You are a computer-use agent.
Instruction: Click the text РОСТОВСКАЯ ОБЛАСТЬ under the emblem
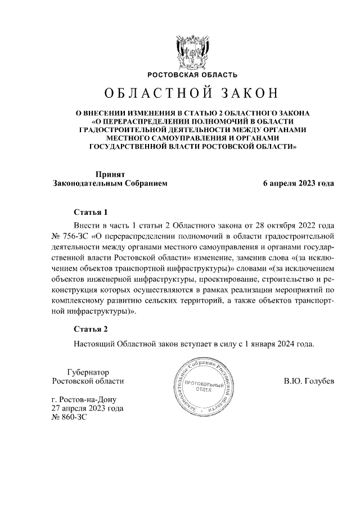(x=192, y=75)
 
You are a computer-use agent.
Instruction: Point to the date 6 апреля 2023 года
(x=299, y=183)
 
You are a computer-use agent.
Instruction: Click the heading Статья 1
(x=91, y=213)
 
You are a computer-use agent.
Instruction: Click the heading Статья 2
(x=91, y=329)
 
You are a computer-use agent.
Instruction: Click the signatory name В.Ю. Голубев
(x=309, y=381)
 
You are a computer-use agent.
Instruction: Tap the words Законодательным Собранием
(x=110, y=183)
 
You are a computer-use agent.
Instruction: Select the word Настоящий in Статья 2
(x=93, y=343)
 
